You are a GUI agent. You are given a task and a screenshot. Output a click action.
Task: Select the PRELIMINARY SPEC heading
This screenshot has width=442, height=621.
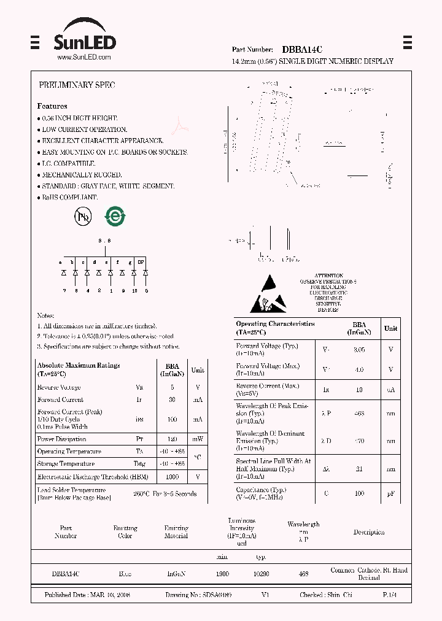[77, 85]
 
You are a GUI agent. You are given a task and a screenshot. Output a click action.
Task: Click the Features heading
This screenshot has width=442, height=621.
[52, 106]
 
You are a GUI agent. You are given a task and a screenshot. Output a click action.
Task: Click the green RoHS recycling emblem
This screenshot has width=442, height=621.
[114, 216]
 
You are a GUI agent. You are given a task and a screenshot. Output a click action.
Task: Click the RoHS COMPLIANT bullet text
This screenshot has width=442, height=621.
[69, 198]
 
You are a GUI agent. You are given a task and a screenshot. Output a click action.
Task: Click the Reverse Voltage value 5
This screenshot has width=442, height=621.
[173, 388]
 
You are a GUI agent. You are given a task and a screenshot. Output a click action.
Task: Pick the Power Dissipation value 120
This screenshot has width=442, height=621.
[173, 439]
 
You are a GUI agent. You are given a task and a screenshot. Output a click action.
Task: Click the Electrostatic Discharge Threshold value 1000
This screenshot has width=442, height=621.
[173, 477]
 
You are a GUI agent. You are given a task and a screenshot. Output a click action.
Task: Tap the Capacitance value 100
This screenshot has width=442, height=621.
[359, 493]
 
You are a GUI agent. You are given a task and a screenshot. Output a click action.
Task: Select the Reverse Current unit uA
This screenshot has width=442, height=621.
[390, 390]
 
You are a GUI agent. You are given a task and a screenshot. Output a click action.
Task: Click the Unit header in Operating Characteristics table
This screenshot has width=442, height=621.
[390, 328]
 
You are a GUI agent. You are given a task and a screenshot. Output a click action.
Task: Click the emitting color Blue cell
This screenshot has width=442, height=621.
[125, 574]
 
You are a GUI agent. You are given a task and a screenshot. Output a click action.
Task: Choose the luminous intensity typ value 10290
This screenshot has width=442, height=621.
[261, 574]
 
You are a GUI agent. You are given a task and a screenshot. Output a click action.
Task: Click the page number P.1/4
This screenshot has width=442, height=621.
[390, 595]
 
